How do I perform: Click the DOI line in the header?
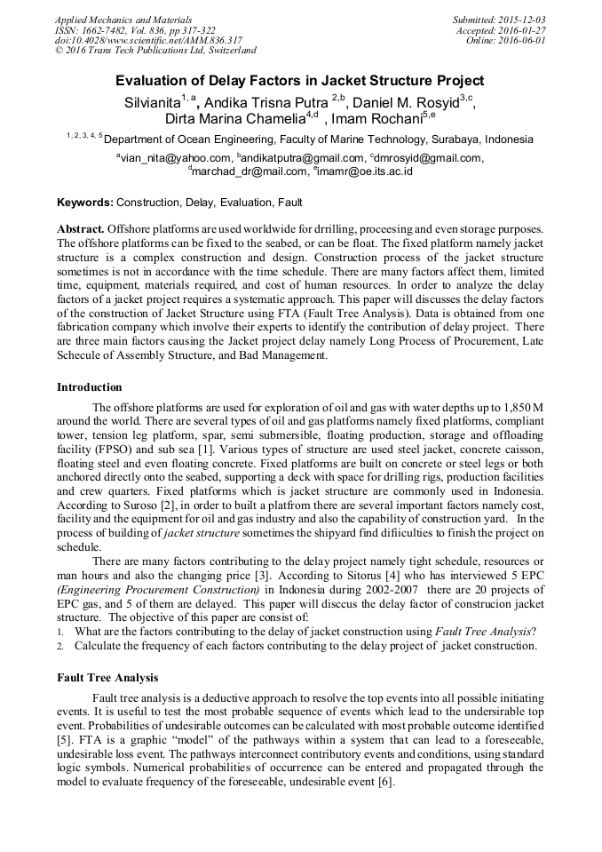click(148, 40)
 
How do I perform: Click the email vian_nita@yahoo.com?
click(170, 158)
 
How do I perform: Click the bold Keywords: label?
click(85, 203)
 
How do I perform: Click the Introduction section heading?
click(89, 387)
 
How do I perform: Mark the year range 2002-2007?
click(364, 577)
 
